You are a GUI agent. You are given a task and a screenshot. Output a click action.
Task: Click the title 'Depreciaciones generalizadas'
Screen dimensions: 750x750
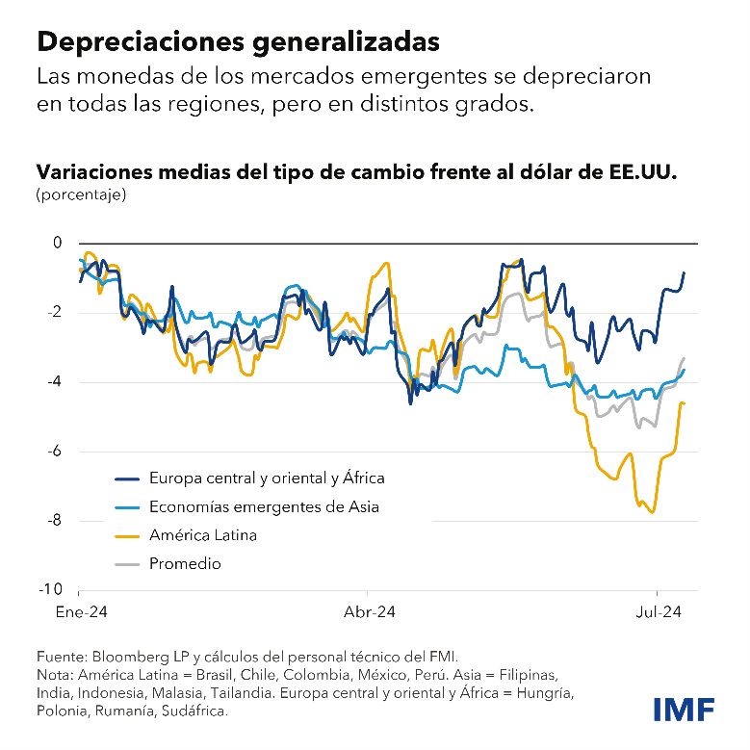click(238, 41)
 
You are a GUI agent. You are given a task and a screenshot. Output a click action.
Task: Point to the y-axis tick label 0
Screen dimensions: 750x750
click(56, 243)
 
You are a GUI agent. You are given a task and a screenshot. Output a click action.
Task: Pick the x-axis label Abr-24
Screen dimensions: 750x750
click(370, 611)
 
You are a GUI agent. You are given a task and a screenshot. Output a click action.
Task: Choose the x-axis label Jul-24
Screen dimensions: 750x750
click(659, 611)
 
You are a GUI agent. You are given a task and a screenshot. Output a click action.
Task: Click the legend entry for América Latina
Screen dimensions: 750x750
click(202, 534)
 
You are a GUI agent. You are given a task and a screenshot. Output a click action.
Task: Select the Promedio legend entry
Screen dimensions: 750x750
click(185, 563)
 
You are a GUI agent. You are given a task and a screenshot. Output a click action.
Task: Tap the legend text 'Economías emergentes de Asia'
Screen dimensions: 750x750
click(264, 506)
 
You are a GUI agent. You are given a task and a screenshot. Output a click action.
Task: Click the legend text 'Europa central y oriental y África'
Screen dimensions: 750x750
click(267, 478)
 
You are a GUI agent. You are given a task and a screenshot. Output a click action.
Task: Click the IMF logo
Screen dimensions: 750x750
click(684, 709)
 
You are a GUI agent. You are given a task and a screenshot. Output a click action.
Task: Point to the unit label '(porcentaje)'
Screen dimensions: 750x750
click(81, 194)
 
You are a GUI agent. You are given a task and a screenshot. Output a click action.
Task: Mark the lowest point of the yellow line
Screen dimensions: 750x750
click(654, 512)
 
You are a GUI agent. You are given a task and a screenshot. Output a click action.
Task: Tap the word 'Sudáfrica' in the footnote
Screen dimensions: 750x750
click(196, 711)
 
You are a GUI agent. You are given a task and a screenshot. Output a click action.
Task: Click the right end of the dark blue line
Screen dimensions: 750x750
click(684, 272)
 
